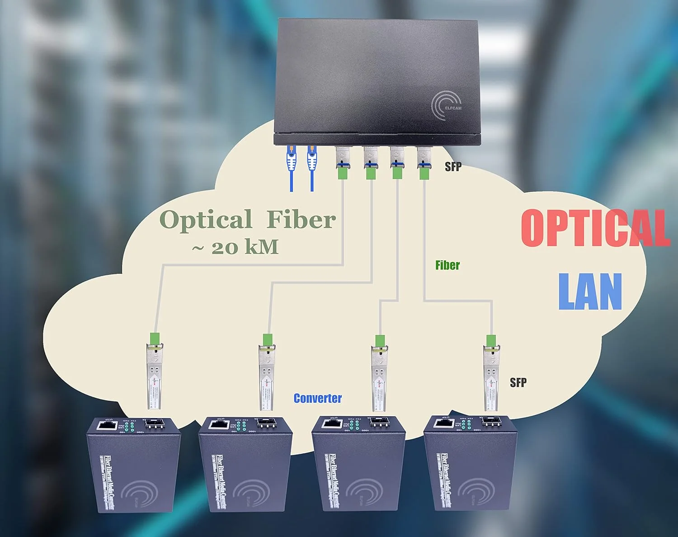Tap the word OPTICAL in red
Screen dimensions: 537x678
[594, 228]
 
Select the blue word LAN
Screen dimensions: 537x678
[590, 292]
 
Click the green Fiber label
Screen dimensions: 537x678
[447, 265]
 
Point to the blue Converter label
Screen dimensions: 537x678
[317, 398]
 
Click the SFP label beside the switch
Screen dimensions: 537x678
[453, 166]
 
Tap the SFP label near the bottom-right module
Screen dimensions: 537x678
[518, 382]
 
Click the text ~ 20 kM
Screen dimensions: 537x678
[235, 247]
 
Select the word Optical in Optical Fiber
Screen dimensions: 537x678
[206, 220]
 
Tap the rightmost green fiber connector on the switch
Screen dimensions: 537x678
[424, 172]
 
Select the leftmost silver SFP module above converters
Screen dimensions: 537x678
[154, 377]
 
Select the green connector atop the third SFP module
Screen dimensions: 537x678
[380, 340]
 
